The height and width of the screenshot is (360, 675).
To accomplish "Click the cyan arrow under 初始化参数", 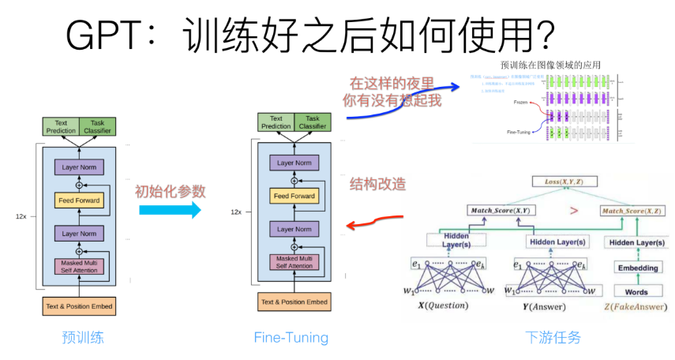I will [170, 210].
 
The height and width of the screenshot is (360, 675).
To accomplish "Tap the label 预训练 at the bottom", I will [83, 338].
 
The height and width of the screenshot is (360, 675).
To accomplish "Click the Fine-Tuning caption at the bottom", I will [291, 338].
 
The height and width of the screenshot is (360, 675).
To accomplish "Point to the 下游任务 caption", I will [553, 338].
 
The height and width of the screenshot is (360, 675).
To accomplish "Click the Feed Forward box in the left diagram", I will [79, 201].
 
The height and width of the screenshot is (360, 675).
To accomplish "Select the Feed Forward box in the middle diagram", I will [293, 196].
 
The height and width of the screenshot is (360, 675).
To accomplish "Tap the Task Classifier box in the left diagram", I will [97, 126].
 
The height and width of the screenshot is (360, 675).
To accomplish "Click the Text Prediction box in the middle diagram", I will [276, 122].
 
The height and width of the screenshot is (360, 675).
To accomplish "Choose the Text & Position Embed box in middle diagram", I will [293, 302].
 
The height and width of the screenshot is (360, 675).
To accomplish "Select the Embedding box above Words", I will [638, 268].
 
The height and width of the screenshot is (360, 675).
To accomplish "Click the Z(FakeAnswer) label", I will [636, 306].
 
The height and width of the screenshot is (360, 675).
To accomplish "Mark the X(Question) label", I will [442, 306].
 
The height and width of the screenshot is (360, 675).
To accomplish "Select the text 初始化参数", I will [170, 191].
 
